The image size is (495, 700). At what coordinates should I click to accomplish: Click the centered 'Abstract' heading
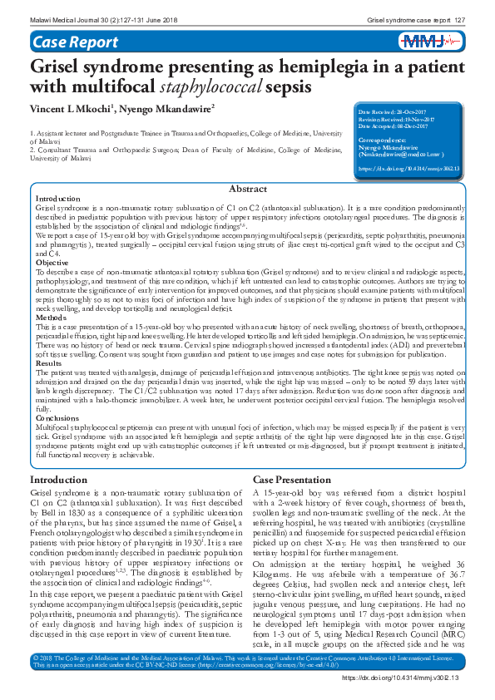[247, 190]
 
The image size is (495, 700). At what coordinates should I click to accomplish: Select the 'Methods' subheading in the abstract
[51, 318]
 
